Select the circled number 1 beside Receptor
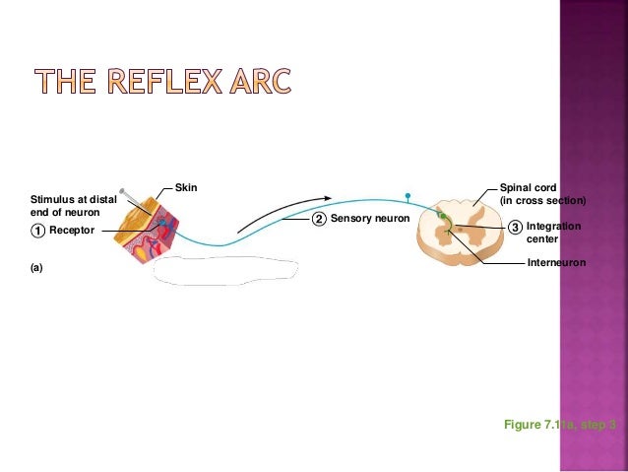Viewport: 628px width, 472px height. click(x=35, y=230)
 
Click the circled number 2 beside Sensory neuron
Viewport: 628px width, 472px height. click(x=319, y=218)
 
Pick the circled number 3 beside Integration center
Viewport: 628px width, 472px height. click(x=515, y=228)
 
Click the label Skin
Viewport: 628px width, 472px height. click(x=185, y=186)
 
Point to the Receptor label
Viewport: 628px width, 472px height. click(x=71, y=230)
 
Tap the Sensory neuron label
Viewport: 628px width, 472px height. click(x=366, y=217)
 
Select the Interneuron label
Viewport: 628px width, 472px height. click(x=556, y=263)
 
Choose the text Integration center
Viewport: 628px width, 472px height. click(x=553, y=233)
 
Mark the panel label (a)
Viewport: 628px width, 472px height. click(x=36, y=266)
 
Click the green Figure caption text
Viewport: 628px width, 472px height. click(x=559, y=424)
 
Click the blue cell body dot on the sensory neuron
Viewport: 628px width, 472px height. click(x=407, y=195)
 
